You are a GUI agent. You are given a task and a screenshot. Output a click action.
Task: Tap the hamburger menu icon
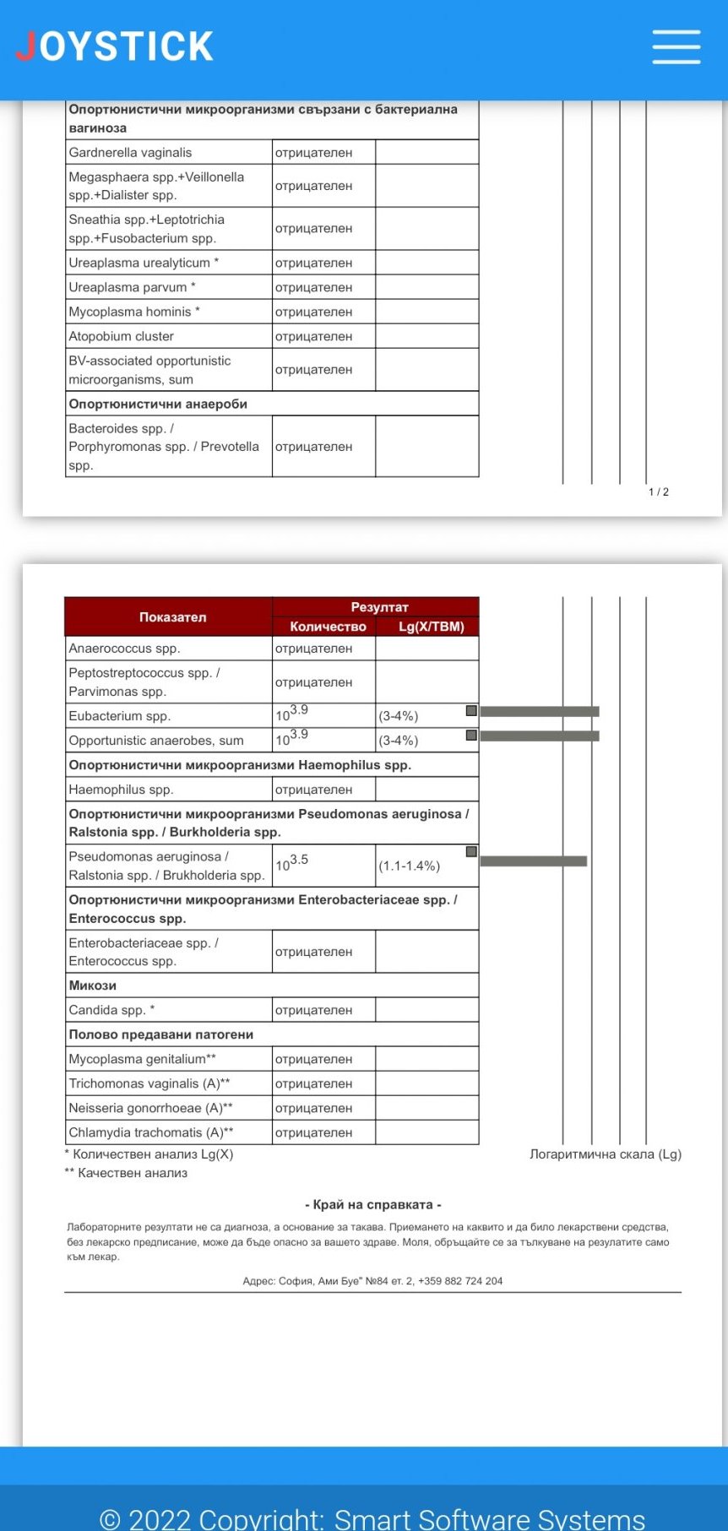click(676, 46)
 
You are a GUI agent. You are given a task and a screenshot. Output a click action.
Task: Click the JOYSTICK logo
click(115, 46)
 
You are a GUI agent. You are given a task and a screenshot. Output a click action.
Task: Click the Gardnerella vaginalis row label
click(130, 153)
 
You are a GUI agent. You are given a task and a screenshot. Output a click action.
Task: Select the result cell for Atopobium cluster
click(313, 336)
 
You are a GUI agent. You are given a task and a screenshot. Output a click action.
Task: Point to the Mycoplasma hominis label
click(134, 312)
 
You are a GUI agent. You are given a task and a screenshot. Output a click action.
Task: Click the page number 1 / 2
click(658, 491)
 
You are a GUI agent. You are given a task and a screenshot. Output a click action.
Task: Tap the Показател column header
click(172, 617)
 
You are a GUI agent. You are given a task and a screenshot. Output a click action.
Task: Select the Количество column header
click(328, 627)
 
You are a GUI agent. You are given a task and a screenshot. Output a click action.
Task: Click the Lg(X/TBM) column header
click(431, 627)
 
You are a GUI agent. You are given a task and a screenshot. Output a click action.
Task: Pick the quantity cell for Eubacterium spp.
click(292, 714)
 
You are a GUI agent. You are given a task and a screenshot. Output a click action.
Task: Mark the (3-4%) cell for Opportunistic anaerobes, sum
click(399, 741)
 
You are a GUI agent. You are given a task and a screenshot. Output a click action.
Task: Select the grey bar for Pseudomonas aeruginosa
click(533, 861)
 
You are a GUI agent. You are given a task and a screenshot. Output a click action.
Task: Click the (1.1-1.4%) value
click(409, 866)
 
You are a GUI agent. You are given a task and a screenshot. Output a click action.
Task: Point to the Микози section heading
click(93, 985)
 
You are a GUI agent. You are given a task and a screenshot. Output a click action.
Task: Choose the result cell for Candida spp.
click(313, 1010)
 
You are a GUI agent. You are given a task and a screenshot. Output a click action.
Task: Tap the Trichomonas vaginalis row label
click(149, 1083)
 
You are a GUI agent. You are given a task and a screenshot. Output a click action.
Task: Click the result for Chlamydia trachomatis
click(313, 1132)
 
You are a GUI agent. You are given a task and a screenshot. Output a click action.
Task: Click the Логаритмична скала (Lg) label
click(605, 1154)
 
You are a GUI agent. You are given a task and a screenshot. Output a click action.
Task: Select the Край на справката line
click(372, 1205)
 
